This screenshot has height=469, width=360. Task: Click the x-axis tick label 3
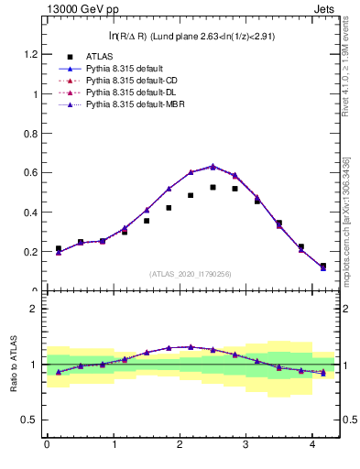pos(247,446)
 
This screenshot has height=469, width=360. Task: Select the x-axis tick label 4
pos(314,446)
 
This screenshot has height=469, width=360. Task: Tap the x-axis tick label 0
pos(47,446)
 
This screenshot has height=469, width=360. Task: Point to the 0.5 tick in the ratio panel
pos(31,420)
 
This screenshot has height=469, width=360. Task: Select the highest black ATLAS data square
pos(213,187)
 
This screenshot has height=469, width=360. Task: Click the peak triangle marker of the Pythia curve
pos(213,167)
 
